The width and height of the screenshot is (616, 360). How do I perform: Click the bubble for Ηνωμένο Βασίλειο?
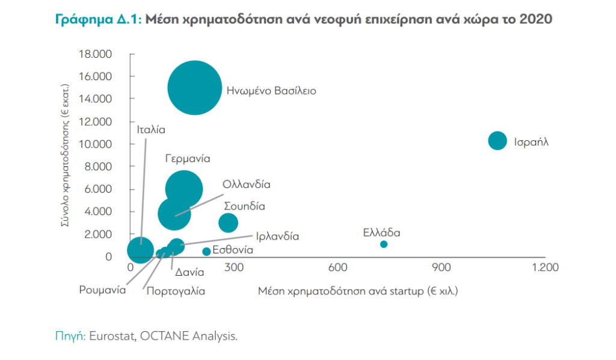click(x=194, y=87)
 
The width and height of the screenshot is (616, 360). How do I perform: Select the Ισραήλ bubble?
click(x=497, y=141)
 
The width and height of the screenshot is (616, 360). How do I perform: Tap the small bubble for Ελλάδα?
click(x=384, y=244)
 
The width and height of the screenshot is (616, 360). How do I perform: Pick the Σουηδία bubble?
click(x=228, y=222)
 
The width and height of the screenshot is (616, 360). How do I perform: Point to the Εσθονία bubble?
click(x=206, y=251)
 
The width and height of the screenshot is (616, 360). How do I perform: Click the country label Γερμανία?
click(x=187, y=159)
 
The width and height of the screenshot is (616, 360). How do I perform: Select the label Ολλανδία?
click(x=246, y=184)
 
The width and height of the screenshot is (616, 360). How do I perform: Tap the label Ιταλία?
click(x=150, y=129)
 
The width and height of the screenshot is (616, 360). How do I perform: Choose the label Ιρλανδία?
click(x=277, y=236)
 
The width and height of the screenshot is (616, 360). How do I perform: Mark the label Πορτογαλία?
click(x=176, y=291)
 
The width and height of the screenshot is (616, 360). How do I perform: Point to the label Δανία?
click(x=189, y=272)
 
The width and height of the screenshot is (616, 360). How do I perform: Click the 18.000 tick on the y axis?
click(x=95, y=54)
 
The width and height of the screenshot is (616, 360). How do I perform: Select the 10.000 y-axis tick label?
click(x=95, y=144)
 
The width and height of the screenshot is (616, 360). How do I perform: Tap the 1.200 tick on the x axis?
click(x=544, y=267)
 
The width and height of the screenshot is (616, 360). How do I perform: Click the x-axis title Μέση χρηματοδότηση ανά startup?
click(x=357, y=291)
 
